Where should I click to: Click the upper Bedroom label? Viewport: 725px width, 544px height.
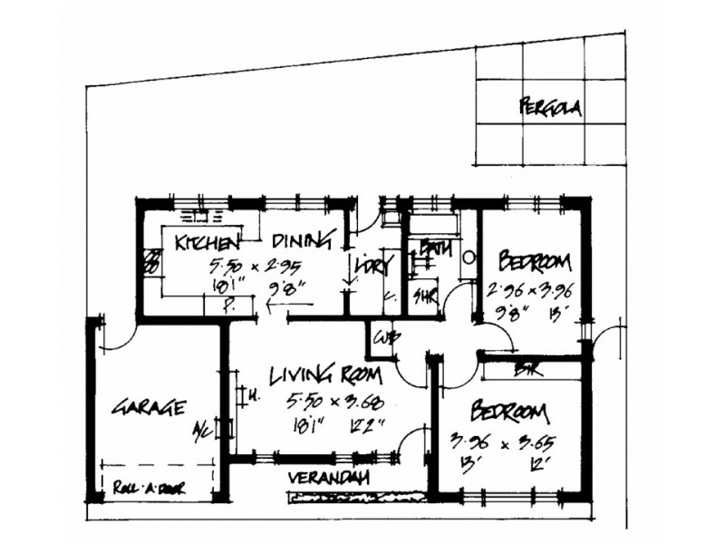pyautogui.click(x=536, y=264)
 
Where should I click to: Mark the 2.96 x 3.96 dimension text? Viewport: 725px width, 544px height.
pyautogui.click(x=531, y=292)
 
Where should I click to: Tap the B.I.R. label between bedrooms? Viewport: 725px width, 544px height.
pyautogui.click(x=523, y=369)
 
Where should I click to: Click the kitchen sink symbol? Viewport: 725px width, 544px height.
pyautogui.click(x=201, y=218)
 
